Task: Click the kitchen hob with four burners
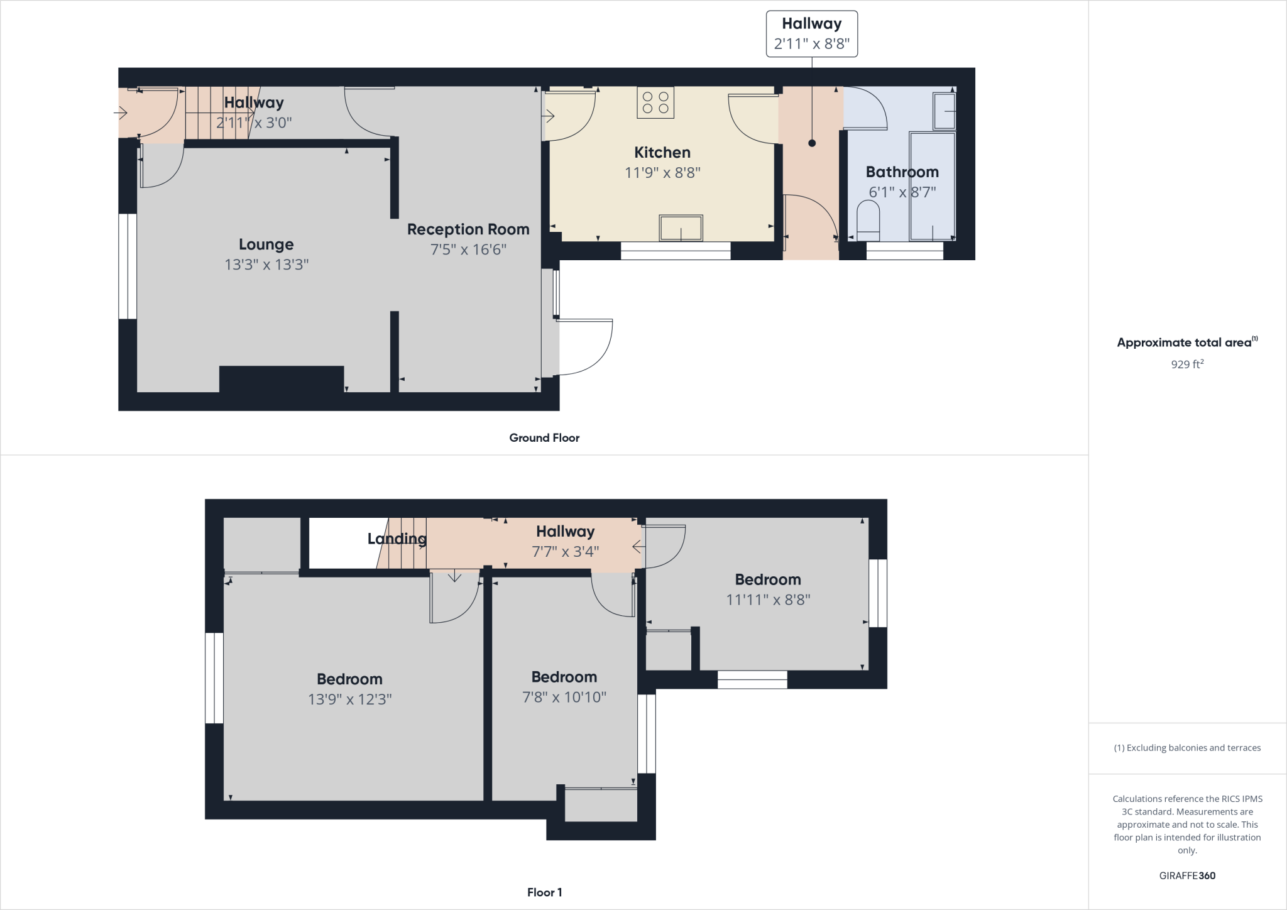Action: pos(655,102)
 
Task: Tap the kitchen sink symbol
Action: pos(681,228)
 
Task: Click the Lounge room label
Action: pos(266,244)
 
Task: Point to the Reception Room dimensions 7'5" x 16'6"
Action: pos(468,249)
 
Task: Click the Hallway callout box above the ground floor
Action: pos(811,34)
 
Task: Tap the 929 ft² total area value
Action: pos(1186,364)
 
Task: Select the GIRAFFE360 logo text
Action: pos(1186,875)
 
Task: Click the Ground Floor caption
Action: pos(544,438)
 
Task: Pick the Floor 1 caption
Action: pos(544,892)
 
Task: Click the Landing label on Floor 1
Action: pos(397,539)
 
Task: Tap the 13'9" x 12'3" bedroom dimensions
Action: pos(349,699)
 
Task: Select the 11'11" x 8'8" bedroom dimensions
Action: pos(768,600)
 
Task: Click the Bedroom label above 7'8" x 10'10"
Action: pos(564,677)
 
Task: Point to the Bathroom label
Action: pos(902,172)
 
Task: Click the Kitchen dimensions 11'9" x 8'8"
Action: pos(662,172)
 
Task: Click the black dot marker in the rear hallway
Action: pos(812,143)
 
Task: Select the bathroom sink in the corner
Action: pos(945,111)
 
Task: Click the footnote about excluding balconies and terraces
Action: pos(1187,748)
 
